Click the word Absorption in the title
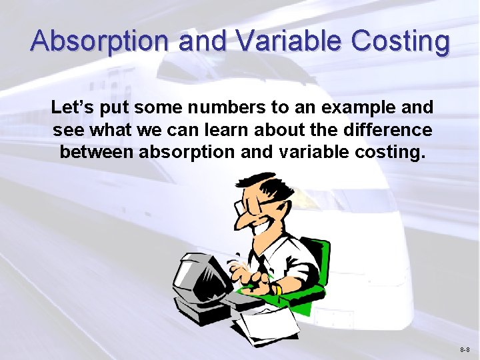pos(99,41)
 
